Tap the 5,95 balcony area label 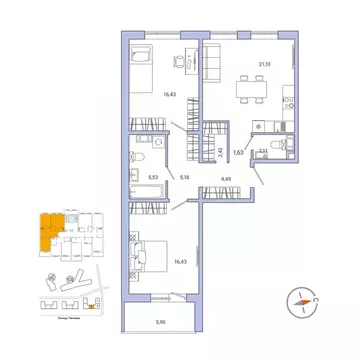coord(161,321)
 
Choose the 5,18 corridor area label coord(186,177)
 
